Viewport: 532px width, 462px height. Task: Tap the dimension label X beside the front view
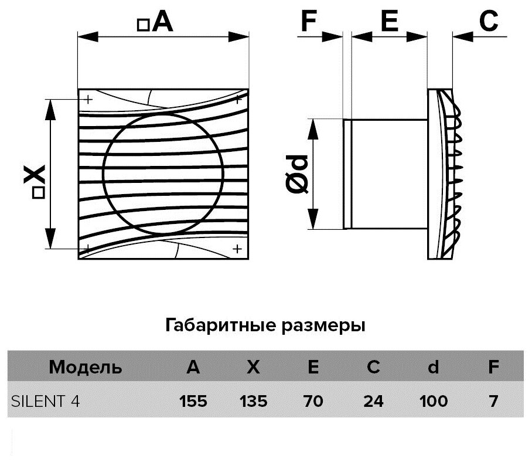coord(36,174)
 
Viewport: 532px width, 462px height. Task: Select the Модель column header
coord(86,367)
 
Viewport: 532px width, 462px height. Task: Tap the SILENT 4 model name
coord(45,401)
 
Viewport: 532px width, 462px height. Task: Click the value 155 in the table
coord(193,401)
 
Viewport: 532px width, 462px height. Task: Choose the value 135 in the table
coord(253,401)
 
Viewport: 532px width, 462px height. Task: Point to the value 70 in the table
coord(313,401)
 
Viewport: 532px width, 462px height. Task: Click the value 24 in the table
coord(373,401)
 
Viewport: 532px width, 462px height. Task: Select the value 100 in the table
coord(434,401)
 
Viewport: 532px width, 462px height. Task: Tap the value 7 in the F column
coord(493,401)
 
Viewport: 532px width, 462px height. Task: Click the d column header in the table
coord(434,367)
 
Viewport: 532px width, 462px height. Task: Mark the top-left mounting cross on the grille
coord(88,99)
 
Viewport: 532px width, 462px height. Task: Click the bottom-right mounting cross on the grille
coord(237,248)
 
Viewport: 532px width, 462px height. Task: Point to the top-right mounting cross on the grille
coord(238,100)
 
